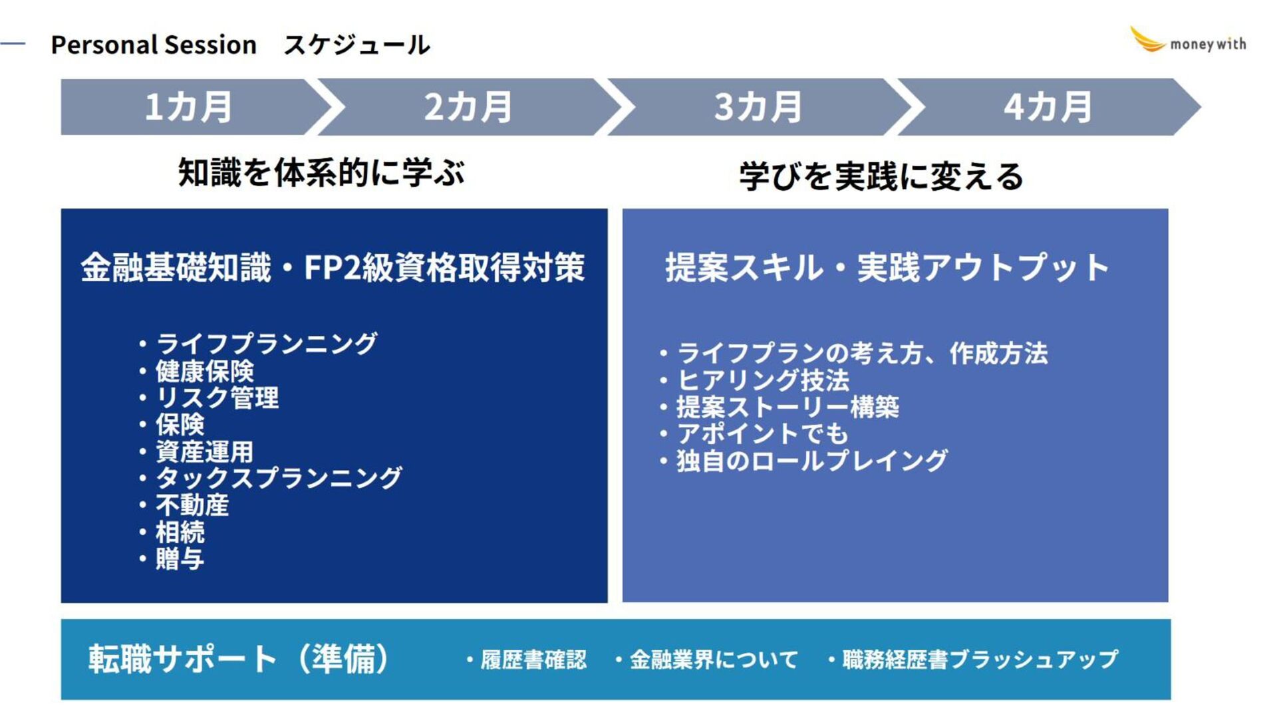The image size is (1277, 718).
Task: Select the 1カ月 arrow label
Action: click(188, 107)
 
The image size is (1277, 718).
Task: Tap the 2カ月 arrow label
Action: click(468, 107)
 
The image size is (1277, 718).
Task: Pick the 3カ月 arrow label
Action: click(758, 107)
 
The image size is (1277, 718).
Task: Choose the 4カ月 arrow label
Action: click(1048, 107)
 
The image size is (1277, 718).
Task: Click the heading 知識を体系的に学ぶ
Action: click(321, 173)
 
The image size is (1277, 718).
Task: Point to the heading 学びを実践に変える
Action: click(881, 177)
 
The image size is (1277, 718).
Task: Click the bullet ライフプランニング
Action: click(266, 344)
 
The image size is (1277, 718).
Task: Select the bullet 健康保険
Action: click(204, 371)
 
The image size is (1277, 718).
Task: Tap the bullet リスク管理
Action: click(217, 398)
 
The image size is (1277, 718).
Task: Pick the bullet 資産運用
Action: click(204, 451)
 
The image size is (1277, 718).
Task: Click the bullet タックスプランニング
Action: click(279, 478)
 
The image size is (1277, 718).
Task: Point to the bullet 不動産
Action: click(192, 505)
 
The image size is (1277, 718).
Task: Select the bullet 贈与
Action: click(180, 559)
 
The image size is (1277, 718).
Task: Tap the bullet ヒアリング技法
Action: click(763, 380)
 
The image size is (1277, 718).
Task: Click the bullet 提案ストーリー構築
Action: click(787, 407)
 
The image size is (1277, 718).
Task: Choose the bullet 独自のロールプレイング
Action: click(812, 460)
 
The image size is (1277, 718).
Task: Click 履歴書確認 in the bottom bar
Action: click(533, 659)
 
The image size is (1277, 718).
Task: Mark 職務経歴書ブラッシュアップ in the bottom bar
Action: click(980, 659)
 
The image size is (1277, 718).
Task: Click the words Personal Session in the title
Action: click(154, 45)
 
